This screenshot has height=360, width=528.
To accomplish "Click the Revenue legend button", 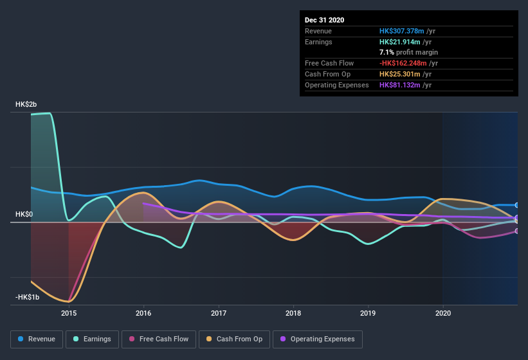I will [37, 339].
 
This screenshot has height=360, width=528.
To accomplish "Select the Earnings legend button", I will [93, 339].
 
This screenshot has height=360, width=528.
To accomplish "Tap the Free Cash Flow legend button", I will [159, 339].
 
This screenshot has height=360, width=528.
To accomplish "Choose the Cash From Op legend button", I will [235, 339].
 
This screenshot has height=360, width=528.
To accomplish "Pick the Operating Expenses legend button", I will [317, 339].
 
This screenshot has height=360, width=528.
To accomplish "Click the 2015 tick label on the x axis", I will [69, 314].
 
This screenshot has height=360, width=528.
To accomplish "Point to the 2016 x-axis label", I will [143, 314].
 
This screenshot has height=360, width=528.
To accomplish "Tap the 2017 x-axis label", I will [219, 314].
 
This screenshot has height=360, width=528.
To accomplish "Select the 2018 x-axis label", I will [293, 314].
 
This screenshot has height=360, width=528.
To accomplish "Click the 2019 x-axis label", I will [368, 314].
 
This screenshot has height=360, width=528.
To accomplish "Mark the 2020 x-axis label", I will [443, 314].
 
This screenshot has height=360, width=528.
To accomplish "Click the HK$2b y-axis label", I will [26, 104].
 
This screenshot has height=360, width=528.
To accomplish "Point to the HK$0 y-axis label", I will [24, 214].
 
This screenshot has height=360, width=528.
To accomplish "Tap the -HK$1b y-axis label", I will [28, 297].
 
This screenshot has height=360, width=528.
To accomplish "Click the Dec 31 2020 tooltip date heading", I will [324, 20].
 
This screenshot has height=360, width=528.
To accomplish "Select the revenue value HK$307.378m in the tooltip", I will [403, 31].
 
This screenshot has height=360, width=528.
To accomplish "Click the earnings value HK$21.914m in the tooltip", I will [401, 42].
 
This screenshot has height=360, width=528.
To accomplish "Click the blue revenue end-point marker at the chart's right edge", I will [517, 205].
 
